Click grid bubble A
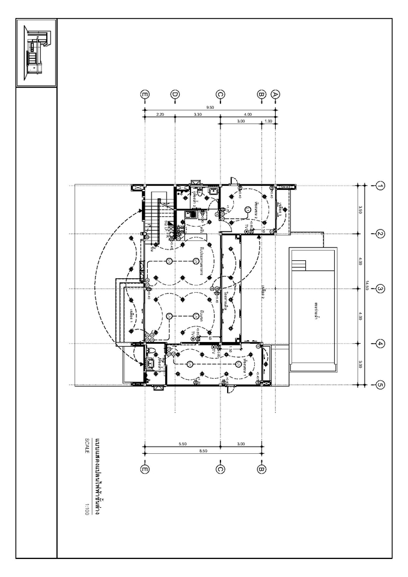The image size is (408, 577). pos(275,94)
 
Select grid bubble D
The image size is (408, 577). pos(175,94)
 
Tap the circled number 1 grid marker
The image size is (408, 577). pos(380,186)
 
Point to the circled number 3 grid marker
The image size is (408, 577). pos(380,289)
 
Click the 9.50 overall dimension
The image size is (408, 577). pos(209,107)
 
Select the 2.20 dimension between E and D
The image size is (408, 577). pos(160,114)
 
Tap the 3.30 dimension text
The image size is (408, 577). pos(198,114)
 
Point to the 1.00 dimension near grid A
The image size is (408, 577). pos(269,121)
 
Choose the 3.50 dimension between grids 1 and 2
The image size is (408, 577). pos(359,209)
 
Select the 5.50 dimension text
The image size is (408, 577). pos(182,444)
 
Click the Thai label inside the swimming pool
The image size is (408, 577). pos(315,307)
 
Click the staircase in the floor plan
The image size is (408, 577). pos(155,210)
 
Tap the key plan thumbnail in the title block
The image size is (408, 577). pos(36,53)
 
